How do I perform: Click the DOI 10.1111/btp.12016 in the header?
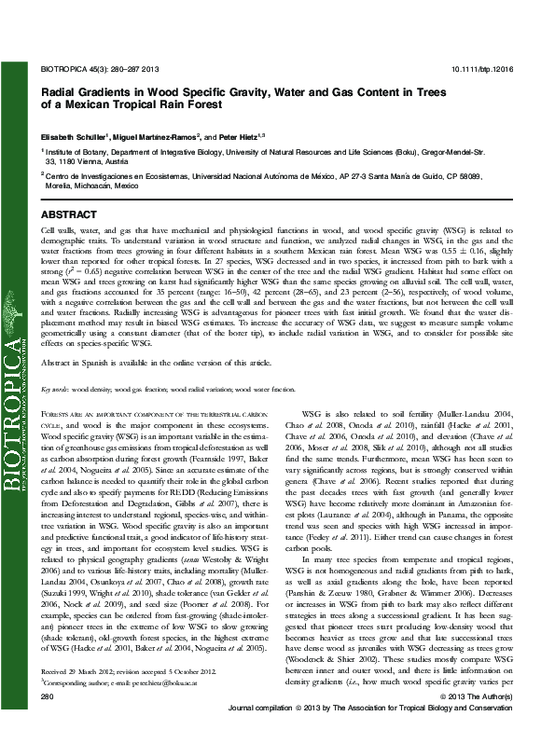point(487,69)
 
